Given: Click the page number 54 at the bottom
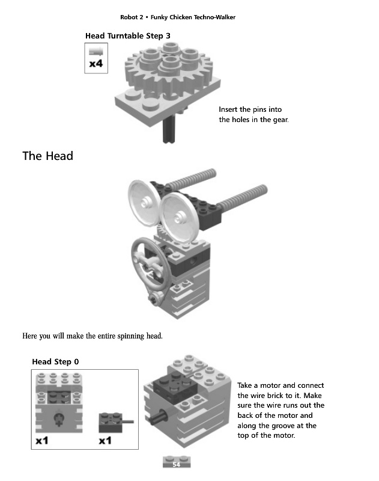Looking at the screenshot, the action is point(176,464).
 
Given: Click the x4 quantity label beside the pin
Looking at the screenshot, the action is point(96,64).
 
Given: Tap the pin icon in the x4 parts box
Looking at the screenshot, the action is point(96,51).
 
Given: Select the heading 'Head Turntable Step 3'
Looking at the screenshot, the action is point(128,36).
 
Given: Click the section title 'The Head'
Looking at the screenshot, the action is point(48,156).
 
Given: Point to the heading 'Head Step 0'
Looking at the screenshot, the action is point(55,362).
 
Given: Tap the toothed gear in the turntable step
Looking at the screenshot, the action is point(169,70).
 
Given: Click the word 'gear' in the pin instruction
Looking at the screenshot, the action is point(280,120).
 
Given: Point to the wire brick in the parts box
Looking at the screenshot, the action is point(115,423).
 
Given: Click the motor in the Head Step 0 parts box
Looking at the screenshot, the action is point(59,402).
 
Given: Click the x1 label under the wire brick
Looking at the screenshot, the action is point(105,441).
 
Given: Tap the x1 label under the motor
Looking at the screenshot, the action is point(42,441).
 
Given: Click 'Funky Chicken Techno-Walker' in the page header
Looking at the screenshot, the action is point(193,17).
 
